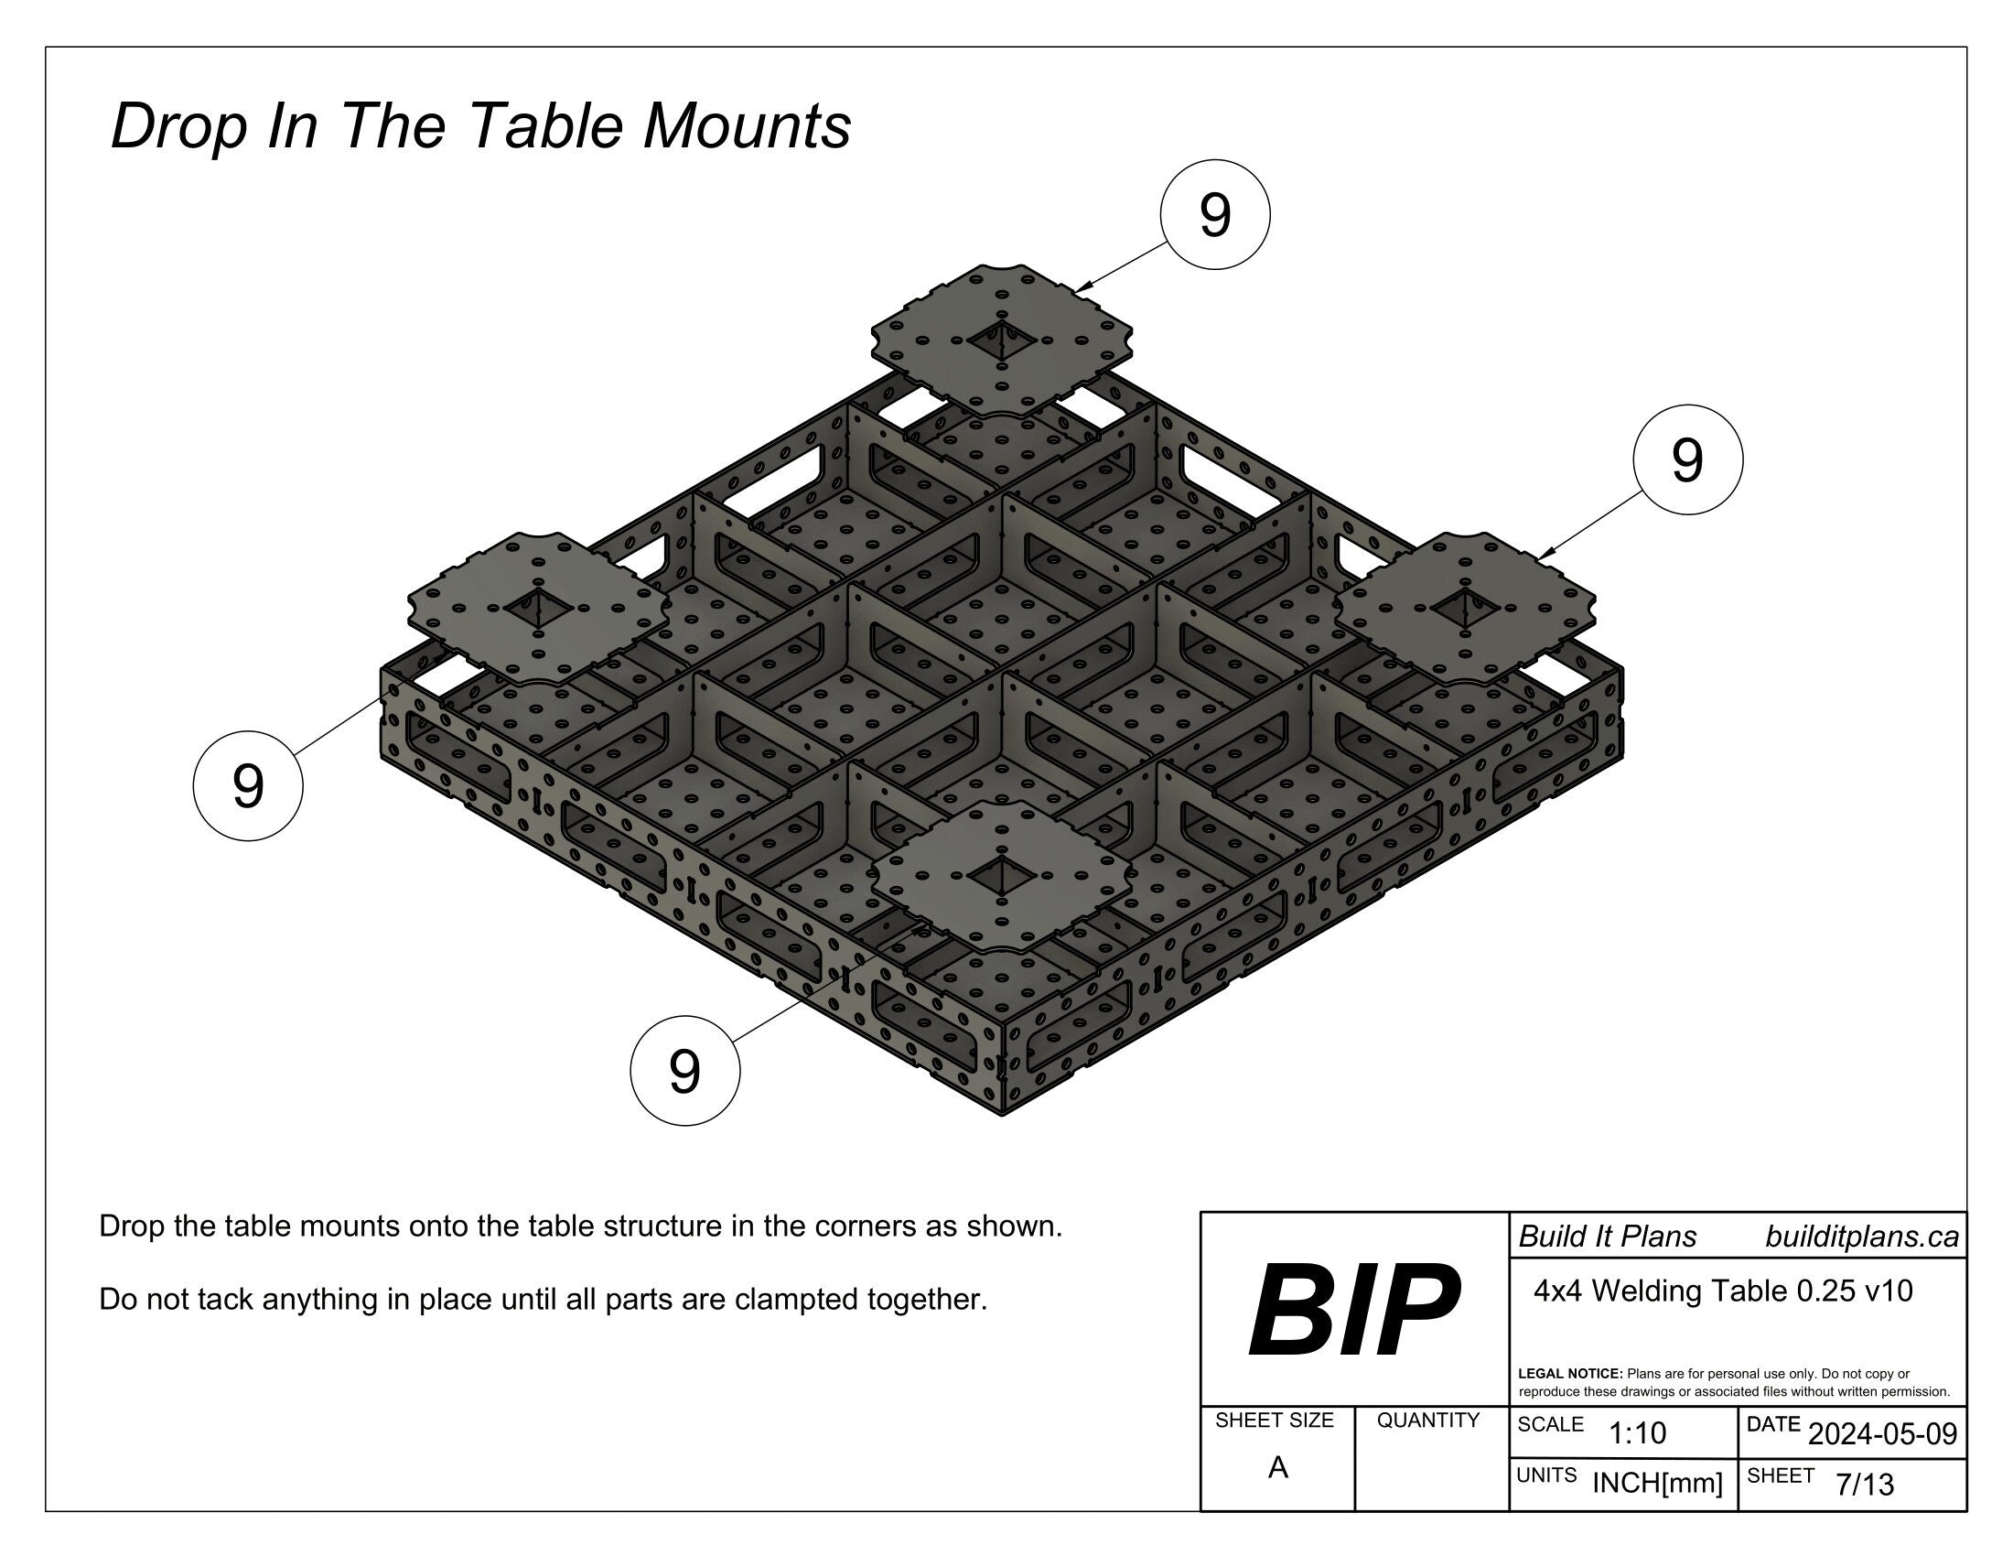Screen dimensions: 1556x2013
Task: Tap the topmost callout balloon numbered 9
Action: (1214, 215)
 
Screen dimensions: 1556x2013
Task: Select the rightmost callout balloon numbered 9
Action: (1686, 460)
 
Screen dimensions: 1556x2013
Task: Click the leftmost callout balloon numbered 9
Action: (247, 786)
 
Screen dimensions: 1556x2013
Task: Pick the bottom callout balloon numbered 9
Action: (684, 1070)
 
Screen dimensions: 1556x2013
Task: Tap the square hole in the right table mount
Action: (1465, 608)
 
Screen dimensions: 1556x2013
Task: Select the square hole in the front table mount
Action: (1001, 875)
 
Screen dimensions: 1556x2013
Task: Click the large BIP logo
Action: (1353, 1310)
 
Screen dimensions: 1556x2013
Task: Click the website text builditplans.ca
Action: (1861, 1237)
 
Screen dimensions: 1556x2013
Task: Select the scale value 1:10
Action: (1637, 1432)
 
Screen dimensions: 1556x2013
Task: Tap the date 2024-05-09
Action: (1882, 1433)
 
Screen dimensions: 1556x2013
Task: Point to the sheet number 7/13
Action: (1865, 1484)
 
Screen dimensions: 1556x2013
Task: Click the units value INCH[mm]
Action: (1656, 1483)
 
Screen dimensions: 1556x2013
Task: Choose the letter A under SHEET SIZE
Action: (1276, 1466)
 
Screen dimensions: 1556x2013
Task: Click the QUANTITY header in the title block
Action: (1427, 1421)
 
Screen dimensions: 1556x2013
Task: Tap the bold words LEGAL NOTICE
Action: (1569, 1374)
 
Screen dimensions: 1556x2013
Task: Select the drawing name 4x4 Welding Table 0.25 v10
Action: (1723, 1291)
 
